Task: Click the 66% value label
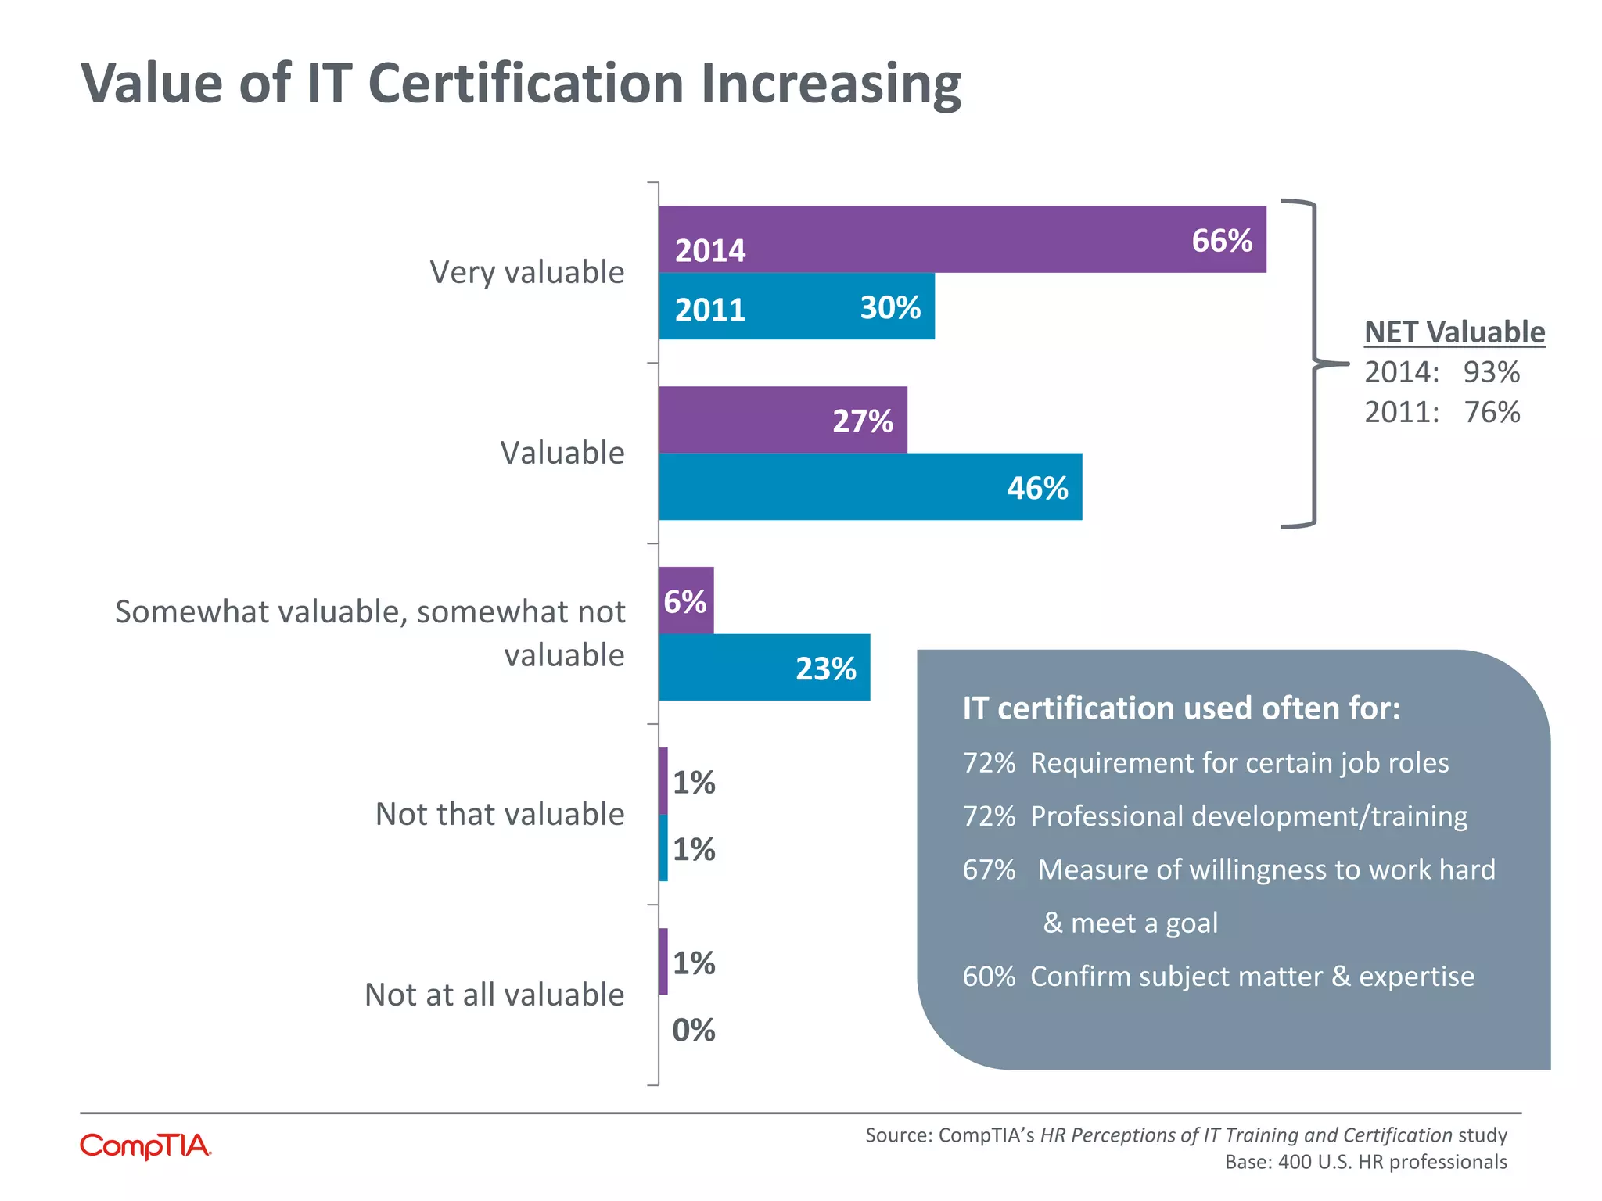click(1221, 241)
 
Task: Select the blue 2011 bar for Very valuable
click(796, 307)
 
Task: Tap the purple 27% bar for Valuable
click(782, 420)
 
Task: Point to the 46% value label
click(1037, 488)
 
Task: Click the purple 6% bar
click(686, 600)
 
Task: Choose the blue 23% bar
click(763, 668)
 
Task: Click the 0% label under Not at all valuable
click(694, 1030)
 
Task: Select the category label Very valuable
click(527, 272)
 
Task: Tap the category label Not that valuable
click(500, 814)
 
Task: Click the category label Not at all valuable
click(494, 995)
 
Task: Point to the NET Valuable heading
click(1454, 332)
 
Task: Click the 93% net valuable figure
click(1491, 372)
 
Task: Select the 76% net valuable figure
click(1491, 412)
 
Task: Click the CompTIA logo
click(145, 1146)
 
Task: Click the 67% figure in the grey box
click(989, 869)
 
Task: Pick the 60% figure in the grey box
click(989, 977)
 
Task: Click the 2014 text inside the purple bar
click(710, 251)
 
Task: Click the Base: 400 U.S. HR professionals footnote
click(1365, 1162)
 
